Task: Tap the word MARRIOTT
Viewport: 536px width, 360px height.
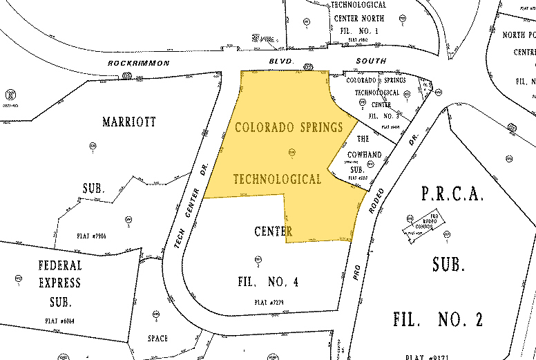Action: (x=129, y=122)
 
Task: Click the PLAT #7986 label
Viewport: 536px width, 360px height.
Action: (x=95, y=236)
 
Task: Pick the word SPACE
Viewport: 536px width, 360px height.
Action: (x=158, y=338)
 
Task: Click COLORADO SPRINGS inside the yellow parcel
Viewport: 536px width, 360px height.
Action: (x=290, y=128)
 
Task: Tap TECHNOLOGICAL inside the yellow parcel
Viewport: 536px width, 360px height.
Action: (x=277, y=180)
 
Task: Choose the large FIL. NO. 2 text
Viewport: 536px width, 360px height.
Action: (x=437, y=319)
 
